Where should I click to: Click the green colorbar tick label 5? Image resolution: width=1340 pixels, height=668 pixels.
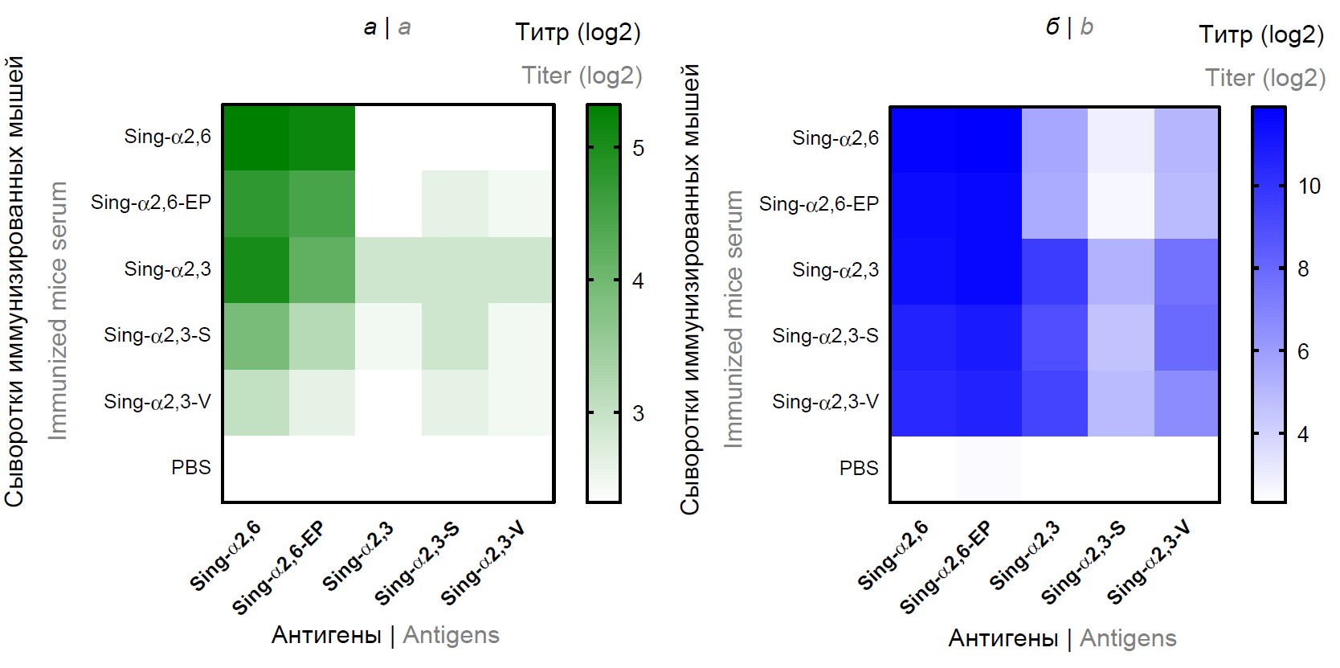point(638,148)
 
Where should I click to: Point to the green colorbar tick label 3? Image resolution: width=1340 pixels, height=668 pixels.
point(638,413)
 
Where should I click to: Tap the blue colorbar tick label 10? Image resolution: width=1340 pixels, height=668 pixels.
point(1309,186)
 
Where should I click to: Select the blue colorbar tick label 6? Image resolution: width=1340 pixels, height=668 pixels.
point(1303,351)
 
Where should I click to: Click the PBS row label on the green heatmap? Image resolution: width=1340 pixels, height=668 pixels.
point(190,467)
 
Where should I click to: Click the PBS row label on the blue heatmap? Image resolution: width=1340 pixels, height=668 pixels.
point(858,468)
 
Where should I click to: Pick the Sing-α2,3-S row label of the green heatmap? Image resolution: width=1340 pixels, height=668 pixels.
point(157,335)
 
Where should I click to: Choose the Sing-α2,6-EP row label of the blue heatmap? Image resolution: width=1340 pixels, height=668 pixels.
point(819,204)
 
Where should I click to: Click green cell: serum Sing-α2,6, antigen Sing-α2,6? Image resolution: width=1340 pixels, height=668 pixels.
point(256,137)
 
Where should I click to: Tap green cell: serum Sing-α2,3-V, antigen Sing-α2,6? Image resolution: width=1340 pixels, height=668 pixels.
point(256,402)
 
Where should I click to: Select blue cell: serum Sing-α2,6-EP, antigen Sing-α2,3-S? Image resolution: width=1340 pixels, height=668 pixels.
point(1120,205)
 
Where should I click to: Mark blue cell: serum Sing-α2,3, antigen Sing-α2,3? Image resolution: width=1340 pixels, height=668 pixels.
point(1054,271)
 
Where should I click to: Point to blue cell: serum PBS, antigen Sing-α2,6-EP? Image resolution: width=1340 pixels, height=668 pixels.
point(988,469)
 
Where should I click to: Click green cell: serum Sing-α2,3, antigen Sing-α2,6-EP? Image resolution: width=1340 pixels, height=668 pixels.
point(322,270)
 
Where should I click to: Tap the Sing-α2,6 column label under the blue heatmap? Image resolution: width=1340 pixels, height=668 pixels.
point(893,555)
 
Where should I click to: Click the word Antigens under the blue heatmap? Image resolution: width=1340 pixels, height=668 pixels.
point(1127,638)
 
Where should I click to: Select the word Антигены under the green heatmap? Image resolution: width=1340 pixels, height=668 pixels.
point(326,635)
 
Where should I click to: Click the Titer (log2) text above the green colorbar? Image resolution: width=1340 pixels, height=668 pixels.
point(582,76)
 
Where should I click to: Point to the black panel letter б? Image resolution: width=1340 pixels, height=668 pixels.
point(1052,27)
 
